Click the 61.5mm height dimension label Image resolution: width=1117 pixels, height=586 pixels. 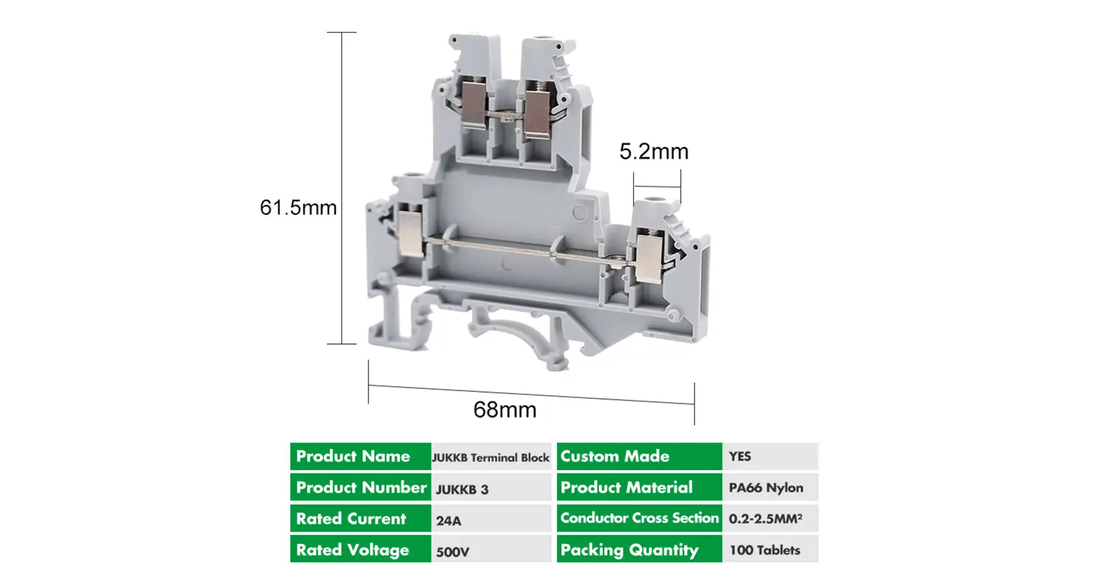tap(298, 207)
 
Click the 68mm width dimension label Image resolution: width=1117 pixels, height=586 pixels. tap(505, 410)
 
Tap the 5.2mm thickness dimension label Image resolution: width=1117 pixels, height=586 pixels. tap(653, 151)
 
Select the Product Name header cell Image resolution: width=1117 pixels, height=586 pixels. tap(360, 456)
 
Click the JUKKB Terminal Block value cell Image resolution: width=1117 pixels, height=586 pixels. tap(491, 458)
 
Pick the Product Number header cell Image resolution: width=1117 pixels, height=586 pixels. tap(360, 488)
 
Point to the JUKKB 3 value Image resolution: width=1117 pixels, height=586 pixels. tap(462, 489)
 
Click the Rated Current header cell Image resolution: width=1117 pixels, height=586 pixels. tap(360, 518)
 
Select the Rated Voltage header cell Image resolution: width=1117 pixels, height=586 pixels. tap(360, 550)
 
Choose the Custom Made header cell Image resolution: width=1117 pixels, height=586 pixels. tap(639, 456)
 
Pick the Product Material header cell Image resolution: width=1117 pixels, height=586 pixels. tap(639, 488)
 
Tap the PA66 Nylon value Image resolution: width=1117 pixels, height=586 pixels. tap(766, 488)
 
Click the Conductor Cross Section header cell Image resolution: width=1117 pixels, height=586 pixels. tap(639, 518)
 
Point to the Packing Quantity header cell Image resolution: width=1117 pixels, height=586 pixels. tap(639, 550)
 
